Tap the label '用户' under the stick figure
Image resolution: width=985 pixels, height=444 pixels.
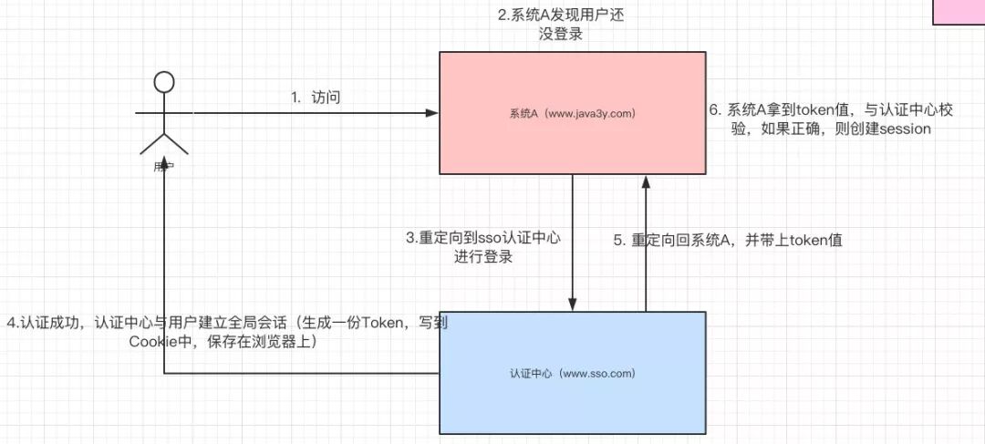click(x=164, y=168)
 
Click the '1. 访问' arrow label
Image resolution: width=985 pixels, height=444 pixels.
click(x=316, y=98)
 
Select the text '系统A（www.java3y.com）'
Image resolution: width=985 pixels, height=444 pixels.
click(x=572, y=114)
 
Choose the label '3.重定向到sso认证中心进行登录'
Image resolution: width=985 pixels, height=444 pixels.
click(x=483, y=247)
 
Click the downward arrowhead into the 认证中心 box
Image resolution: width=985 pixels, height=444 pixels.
click(x=574, y=305)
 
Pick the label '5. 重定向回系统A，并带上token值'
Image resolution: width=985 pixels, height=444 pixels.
click(x=727, y=241)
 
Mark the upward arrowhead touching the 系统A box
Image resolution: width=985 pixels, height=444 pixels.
click(x=646, y=181)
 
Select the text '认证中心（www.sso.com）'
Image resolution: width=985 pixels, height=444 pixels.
click(x=572, y=373)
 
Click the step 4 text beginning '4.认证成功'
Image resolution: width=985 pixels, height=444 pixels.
click(x=227, y=333)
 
